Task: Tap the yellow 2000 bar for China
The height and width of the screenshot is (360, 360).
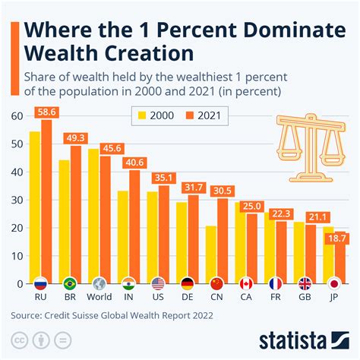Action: click(x=210, y=254)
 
